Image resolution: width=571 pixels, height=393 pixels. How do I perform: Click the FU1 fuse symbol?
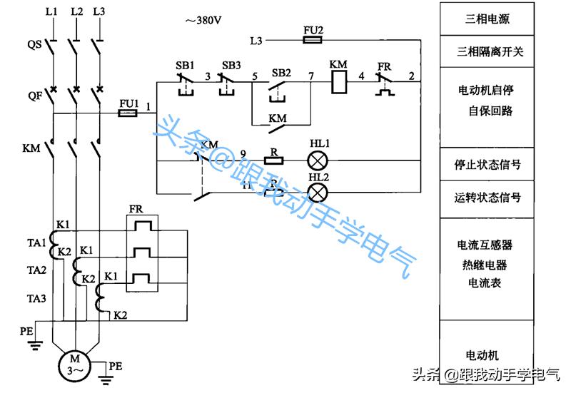[128, 113]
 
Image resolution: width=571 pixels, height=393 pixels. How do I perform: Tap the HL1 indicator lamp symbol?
[317, 160]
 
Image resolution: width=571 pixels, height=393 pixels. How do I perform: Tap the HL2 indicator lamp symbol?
[317, 193]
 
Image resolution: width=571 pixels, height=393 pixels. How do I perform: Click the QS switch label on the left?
[34, 44]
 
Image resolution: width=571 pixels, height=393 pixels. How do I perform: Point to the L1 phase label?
[51, 12]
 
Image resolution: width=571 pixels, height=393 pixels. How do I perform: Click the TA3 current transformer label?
[37, 297]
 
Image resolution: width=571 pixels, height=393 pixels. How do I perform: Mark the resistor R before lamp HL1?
[276, 160]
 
